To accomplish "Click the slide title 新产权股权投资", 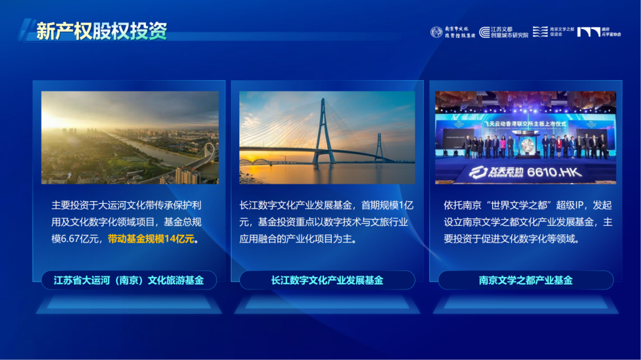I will (101, 31).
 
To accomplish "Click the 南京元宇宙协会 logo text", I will (611, 32).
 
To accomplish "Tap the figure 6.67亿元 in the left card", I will (84, 239).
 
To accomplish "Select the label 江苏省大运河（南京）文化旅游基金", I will (129, 280).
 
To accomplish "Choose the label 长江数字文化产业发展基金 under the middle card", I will (327, 280).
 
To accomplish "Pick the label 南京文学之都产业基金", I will (525, 280).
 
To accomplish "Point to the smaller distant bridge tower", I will (379, 146).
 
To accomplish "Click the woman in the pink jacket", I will (510, 145).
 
